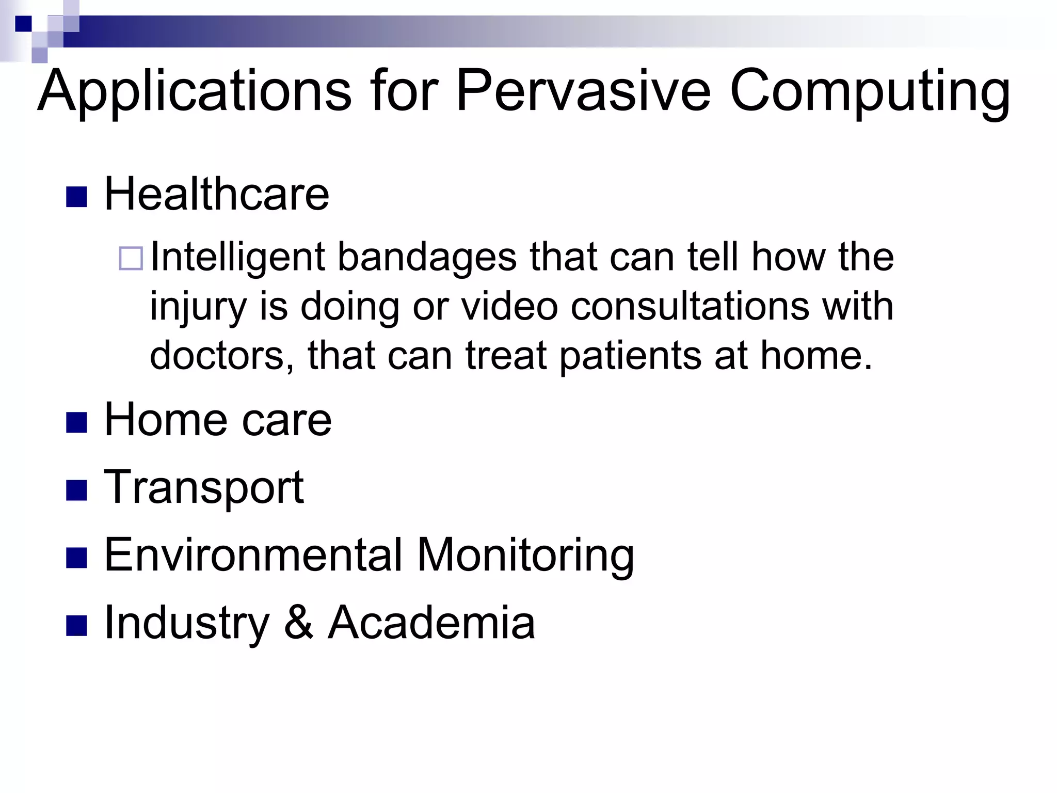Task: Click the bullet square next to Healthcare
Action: pyautogui.click(x=76, y=197)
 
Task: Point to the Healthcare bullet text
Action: pyautogui.click(x=216, y=194)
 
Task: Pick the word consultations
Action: pyautogui.click(x=690, y=306)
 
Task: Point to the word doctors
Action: pyautogui.click(x=222, y=356)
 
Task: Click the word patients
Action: pyautogui.click(x=630, y=356)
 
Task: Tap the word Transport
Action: pyautogui.click(x=204, y=488)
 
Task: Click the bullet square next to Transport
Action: pyautogui.click(x=76, y=490)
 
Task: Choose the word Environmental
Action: pyautogui.click(x=253, y=555)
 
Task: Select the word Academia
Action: pyautogui.click(x=431, y=622)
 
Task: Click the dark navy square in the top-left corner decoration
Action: pyautogui.click(x=23, y=24)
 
